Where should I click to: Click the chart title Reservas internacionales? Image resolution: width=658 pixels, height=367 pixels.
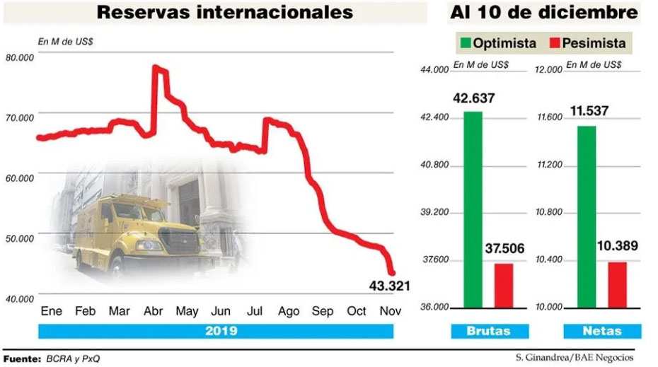click(x=225, y=13)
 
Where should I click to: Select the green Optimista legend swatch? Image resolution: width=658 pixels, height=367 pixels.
click(x=466, y=43)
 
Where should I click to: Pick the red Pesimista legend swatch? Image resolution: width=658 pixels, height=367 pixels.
click(x=555, y=43)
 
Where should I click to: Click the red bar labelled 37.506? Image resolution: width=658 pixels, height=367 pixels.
click(x=503, y=286)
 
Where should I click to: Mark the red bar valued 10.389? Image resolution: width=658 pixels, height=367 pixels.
click(x=617, y=285)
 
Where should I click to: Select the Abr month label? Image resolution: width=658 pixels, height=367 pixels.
click(x=154, y=312)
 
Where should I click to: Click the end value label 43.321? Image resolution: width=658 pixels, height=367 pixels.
click(x=388, y=286)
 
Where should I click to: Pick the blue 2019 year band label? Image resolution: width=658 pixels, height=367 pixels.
click(x=222, y=331)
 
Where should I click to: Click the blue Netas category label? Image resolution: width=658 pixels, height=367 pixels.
click(x=602, y=331)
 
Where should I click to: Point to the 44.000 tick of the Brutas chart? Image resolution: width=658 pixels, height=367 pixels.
click(x=434, y=69)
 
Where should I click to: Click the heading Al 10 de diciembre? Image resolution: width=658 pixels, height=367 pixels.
click(x=543, y=13)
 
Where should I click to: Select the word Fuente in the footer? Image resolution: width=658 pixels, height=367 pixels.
click(x=22, y=359)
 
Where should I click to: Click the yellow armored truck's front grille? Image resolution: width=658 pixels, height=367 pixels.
click(x=180, y=240)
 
